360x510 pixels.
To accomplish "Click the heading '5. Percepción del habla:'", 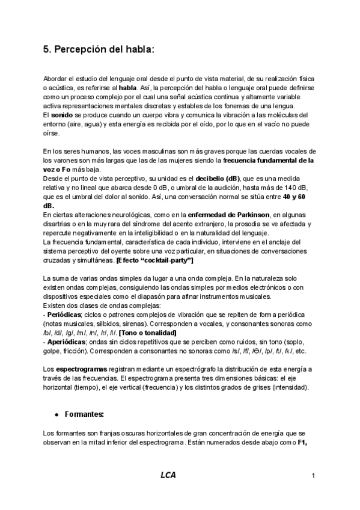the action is tap(99, 51).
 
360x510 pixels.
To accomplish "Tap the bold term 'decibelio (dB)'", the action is tap(217, 178).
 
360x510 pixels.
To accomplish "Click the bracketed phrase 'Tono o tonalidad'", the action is tap(148, 333).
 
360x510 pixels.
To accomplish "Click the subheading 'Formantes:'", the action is tap(85, 414).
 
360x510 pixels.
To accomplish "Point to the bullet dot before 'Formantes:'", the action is tap(56, 415).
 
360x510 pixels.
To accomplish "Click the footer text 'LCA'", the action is tap(168, 475).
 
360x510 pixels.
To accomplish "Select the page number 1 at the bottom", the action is tap(314, 476).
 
